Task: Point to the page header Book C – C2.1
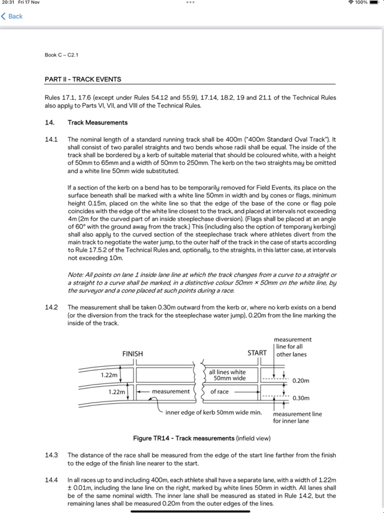click(61, 55)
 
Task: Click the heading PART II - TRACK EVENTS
click(83, 80)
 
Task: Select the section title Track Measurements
click(98, 122)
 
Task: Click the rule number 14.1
click(51, 140)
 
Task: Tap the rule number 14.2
click(51, 308)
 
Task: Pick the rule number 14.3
click(51, 455)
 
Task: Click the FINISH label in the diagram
click(133, 354)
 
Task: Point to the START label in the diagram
click(257, 353)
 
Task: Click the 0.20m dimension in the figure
click(301, 381)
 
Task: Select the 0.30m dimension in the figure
click(301, 398)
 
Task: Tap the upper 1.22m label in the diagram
click(109, 375)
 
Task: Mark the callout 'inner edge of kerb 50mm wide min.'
click(213, 412)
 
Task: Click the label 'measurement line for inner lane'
click(297, 417)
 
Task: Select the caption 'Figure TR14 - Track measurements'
click(184, 438)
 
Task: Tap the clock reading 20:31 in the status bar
click(9, 3)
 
